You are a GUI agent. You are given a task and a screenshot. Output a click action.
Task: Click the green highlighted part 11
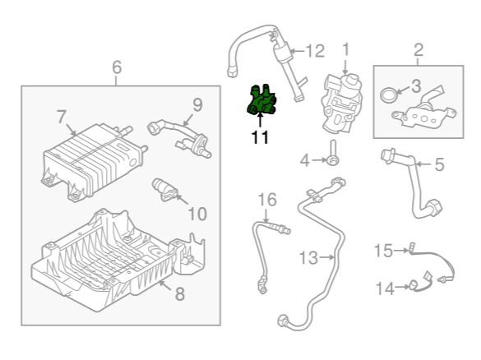(261, 100)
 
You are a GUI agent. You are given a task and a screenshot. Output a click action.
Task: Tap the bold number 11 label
(260, 137)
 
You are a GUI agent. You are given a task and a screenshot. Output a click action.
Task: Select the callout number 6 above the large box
(117, 67)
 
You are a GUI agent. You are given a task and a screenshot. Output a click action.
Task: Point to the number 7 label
(62, 117)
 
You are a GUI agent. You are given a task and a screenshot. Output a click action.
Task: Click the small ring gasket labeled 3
(389, 95)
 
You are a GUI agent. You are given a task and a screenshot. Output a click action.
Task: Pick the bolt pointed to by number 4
(333, 153)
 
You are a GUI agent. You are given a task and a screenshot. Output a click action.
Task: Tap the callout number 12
(316, 51)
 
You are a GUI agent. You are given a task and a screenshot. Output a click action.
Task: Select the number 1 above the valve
(345, 49)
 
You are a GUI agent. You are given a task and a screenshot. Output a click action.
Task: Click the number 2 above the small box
(419, 50)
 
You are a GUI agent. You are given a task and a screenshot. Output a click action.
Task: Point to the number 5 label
(440, 164)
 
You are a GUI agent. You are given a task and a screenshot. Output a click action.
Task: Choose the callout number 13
(308, 257)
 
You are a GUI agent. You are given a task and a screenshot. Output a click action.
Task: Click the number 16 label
(267, 200)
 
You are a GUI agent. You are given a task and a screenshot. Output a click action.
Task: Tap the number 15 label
(383, 251)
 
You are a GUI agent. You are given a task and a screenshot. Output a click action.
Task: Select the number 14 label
(385, 288)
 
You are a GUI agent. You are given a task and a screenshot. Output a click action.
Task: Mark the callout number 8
(179, 293)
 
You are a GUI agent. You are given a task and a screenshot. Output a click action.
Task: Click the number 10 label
(197, 214)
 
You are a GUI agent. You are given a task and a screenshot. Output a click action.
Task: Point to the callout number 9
(197, 104)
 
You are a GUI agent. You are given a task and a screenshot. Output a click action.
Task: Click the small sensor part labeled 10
(164, 190)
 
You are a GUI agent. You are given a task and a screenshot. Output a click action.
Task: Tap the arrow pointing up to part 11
(260, 120)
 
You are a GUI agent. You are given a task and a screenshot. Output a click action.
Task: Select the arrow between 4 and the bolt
(319, 160)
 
